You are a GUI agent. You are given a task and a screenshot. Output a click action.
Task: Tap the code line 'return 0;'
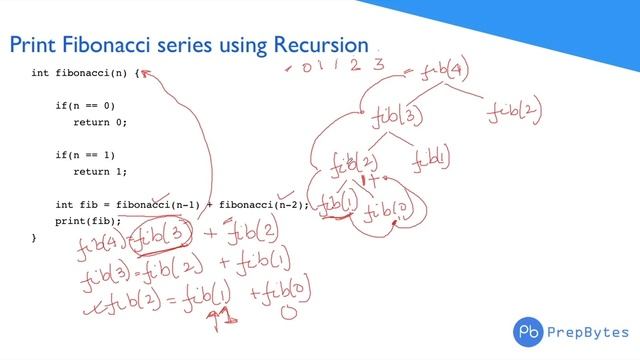click(x=100, y=122)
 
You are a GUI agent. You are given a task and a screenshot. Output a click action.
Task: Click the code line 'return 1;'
click(x=100, y=172)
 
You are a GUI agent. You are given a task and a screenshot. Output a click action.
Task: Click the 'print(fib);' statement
click(x=88, y=221)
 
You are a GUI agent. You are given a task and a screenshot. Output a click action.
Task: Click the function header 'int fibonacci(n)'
click(x=80, y=73)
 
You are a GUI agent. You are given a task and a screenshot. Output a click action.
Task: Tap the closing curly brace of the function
click(x=34, y=238)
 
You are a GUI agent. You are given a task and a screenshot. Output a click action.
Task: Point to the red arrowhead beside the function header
click(x=144, y=73)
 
